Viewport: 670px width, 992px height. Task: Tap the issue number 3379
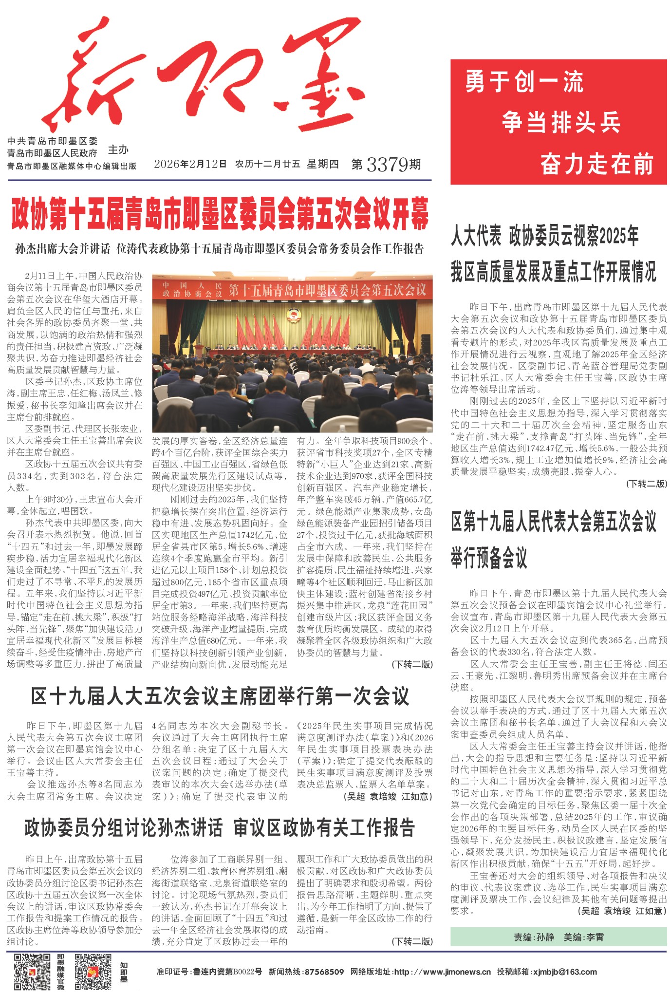tap(387, 165)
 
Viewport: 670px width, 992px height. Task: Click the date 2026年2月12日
tap(190, 164)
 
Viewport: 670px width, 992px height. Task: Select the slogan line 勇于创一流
tap(524, 82)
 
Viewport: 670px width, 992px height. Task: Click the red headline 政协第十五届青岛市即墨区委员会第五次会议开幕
tap(220, 214)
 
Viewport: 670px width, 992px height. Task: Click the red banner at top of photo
tap(292, 290)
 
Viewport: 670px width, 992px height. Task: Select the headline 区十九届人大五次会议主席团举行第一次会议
tap(220, 696)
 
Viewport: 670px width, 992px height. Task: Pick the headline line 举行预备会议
tap(489, 558)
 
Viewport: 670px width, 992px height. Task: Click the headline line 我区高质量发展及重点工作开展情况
tap(553, 271)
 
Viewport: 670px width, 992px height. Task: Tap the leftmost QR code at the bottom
tap(32, 972)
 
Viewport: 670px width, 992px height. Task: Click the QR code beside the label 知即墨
tap(93, 972)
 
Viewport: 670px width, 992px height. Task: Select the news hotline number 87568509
tap(324, 972)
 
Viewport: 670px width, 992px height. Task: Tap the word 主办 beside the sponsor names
tap(118, 150)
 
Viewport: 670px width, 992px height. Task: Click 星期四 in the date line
tap(322, 164)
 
